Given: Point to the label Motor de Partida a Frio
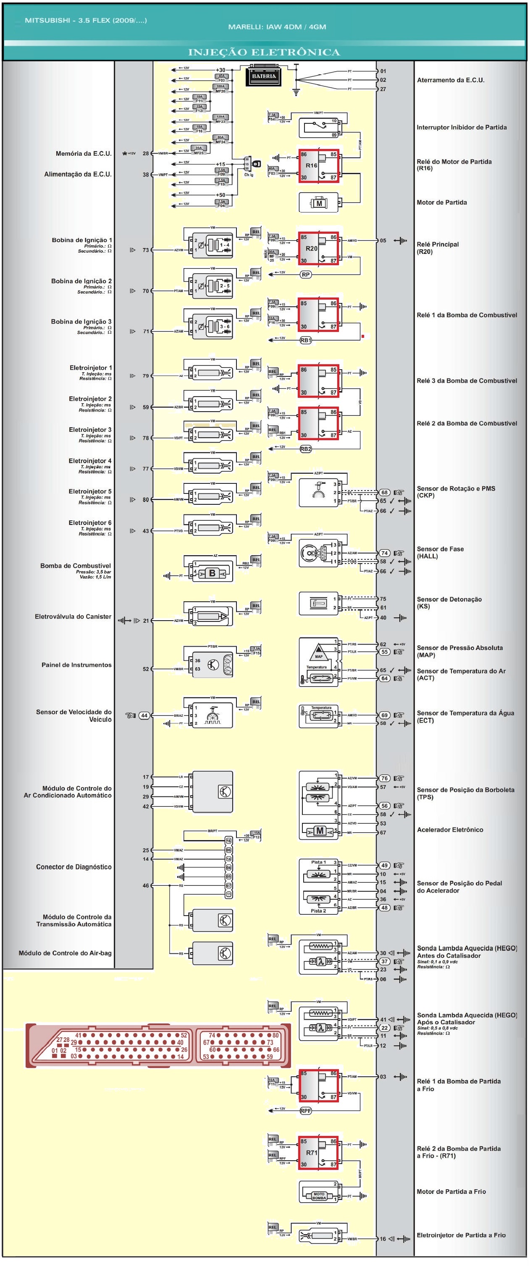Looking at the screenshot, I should point(451,1192).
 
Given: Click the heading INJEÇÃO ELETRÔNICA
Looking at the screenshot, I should point(264,52).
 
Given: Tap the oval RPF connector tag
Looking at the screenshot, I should point(306,1111).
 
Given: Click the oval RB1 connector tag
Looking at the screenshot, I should point(306,340).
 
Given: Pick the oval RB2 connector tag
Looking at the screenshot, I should point(306,449).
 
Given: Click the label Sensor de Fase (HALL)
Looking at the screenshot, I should point(440,552).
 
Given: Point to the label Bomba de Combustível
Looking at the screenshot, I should point(76,566).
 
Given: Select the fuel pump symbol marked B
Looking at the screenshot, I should point(212,573).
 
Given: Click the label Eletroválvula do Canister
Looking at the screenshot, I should point(73,616).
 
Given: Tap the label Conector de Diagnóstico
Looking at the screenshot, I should point(74,867).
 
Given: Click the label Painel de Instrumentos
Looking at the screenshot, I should point(76,665).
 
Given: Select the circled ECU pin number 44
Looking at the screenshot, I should point(144,715).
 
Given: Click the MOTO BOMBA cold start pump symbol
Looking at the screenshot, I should point(319,1196).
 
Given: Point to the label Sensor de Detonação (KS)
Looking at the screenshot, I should point(449,603).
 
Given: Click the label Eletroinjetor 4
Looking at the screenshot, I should point(90,461).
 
